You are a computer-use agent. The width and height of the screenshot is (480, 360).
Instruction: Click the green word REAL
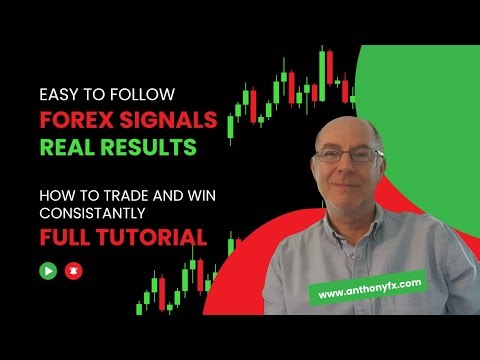pos(66,149)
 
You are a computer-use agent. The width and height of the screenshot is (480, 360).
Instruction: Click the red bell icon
pos(72,270)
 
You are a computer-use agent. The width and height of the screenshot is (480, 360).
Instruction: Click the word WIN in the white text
pos(190,194)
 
